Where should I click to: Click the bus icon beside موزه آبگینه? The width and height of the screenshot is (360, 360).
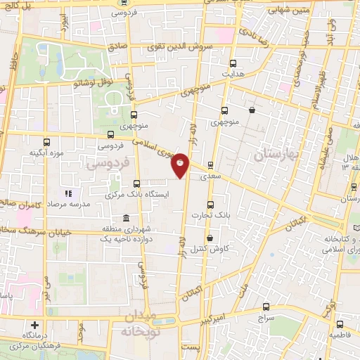tap(47, 141)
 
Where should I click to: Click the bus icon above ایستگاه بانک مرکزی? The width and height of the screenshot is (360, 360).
tap(117, 184)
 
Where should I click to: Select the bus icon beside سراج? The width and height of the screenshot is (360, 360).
tap(265, 307)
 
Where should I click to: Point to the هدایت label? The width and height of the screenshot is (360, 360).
tap(232, 72)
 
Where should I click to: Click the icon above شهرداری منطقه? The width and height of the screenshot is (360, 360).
tap(126, 217)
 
